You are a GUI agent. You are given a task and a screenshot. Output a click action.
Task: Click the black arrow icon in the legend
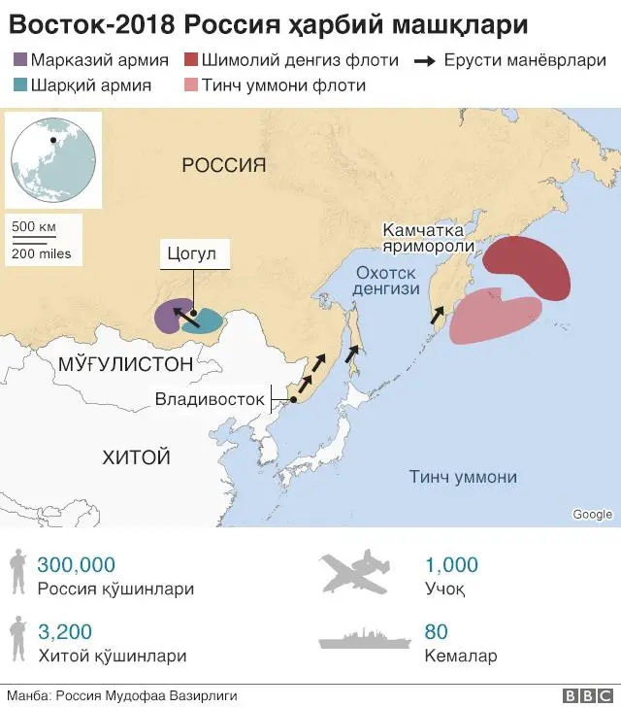(x=424, y=60)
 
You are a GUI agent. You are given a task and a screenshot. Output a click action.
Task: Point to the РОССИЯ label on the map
(x=223, y=166)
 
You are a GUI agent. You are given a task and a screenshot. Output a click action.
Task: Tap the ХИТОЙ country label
(x=136, y=456)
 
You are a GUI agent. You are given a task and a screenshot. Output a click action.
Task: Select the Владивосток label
(x=210, y=399)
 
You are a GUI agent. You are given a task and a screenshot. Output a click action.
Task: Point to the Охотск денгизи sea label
(x=387, y=281)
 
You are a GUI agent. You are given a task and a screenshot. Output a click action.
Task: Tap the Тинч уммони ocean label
(x=463, y=477)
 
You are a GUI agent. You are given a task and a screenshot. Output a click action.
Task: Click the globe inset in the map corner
(x=53, y=157)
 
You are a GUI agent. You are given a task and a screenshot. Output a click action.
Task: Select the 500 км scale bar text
(x=34, y=227)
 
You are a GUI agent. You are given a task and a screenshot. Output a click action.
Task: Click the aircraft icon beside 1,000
(x=358, y=572)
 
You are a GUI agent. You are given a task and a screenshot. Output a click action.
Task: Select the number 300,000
(x=76, y=564)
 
